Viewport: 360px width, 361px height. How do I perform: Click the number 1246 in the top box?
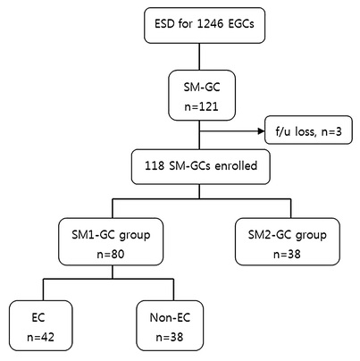click(x=210, y=23)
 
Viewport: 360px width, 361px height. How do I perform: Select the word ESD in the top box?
click(x=164, y=23)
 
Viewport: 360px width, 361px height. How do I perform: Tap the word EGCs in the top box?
click(x=241, y=23)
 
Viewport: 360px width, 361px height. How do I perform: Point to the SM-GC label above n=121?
click(x=202, y=87)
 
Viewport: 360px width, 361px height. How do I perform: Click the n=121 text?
click(x=202, y=106)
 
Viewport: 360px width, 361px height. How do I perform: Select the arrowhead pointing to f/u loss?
click(x=262, y=131)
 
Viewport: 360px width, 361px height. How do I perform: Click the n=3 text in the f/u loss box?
click(x=331, y=131)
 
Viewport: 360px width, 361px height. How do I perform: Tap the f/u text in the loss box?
click(x=283, y=131)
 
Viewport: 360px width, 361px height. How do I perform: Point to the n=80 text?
click(x=111, y=254)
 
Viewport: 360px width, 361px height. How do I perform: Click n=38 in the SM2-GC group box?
click(x=287, y=254)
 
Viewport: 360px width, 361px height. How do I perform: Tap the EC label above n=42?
click(x=38, y=317)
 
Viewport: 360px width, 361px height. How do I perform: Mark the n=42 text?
click(x=41, y=337)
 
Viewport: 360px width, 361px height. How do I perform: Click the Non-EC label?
click(x=170, y=317)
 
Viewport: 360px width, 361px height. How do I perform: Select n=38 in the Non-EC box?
click(x=170, y=337)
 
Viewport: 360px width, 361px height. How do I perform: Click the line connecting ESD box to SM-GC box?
click(x=199, y=56)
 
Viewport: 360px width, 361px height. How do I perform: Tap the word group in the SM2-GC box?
click(x=312, y=235)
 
